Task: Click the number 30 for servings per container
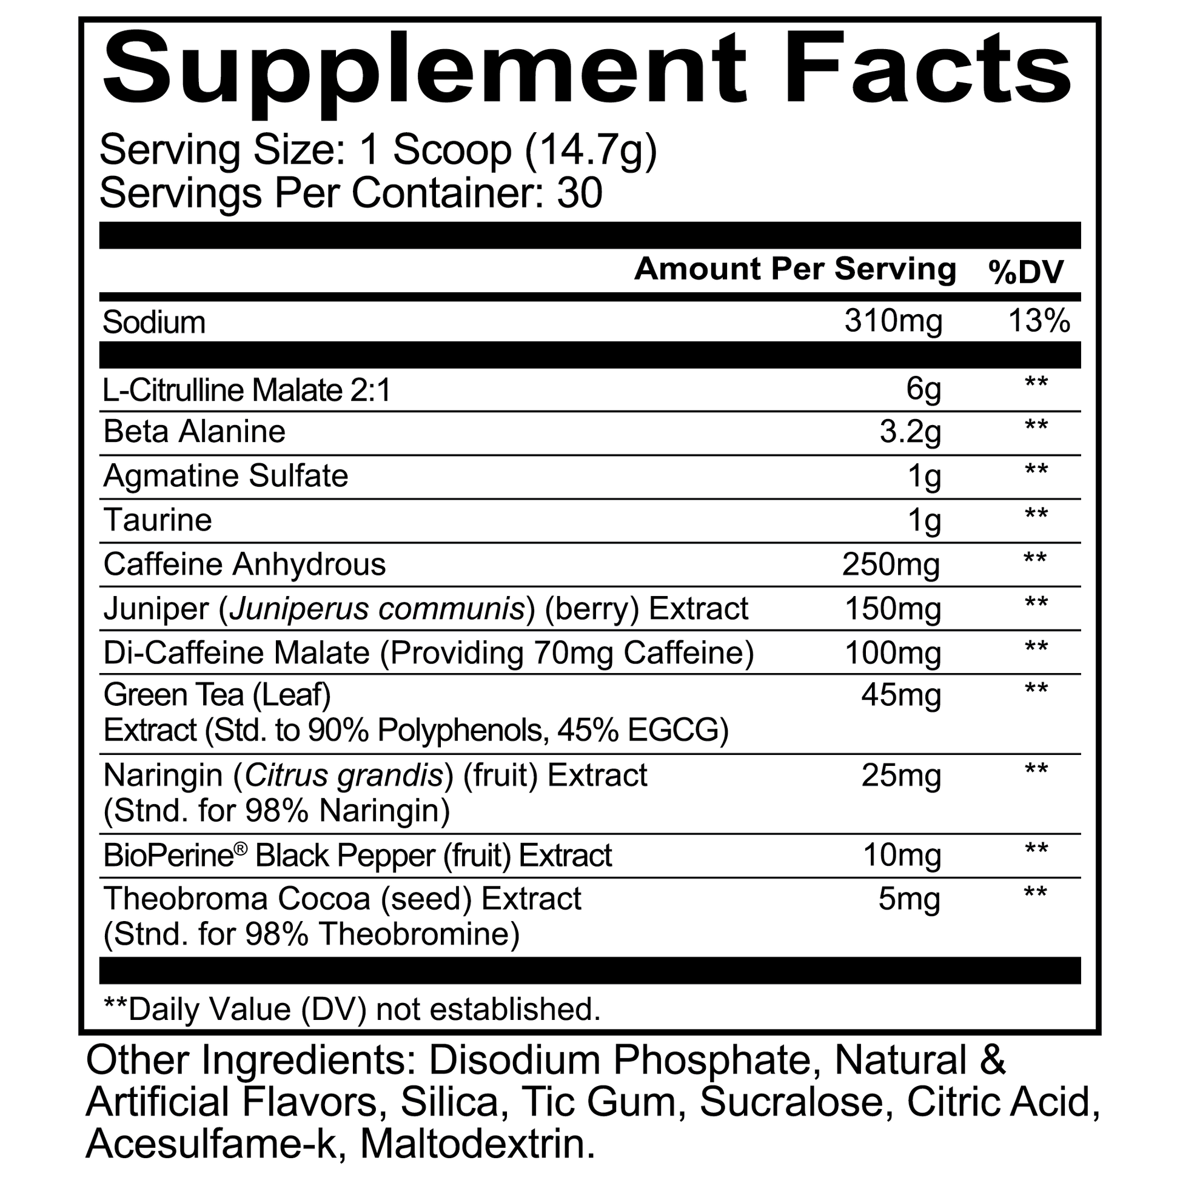tap(579, 193)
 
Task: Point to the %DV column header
tap(1026, 272)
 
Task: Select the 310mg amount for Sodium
tap(893, 321)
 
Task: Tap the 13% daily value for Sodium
tap(1038, 321)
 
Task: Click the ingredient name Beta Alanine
tap(194, 432)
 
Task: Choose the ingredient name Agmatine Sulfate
tap(226, 476)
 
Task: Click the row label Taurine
tap(159, 520)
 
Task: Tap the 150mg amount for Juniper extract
tap(893, 609)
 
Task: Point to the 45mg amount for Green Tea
tap(900, 695)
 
